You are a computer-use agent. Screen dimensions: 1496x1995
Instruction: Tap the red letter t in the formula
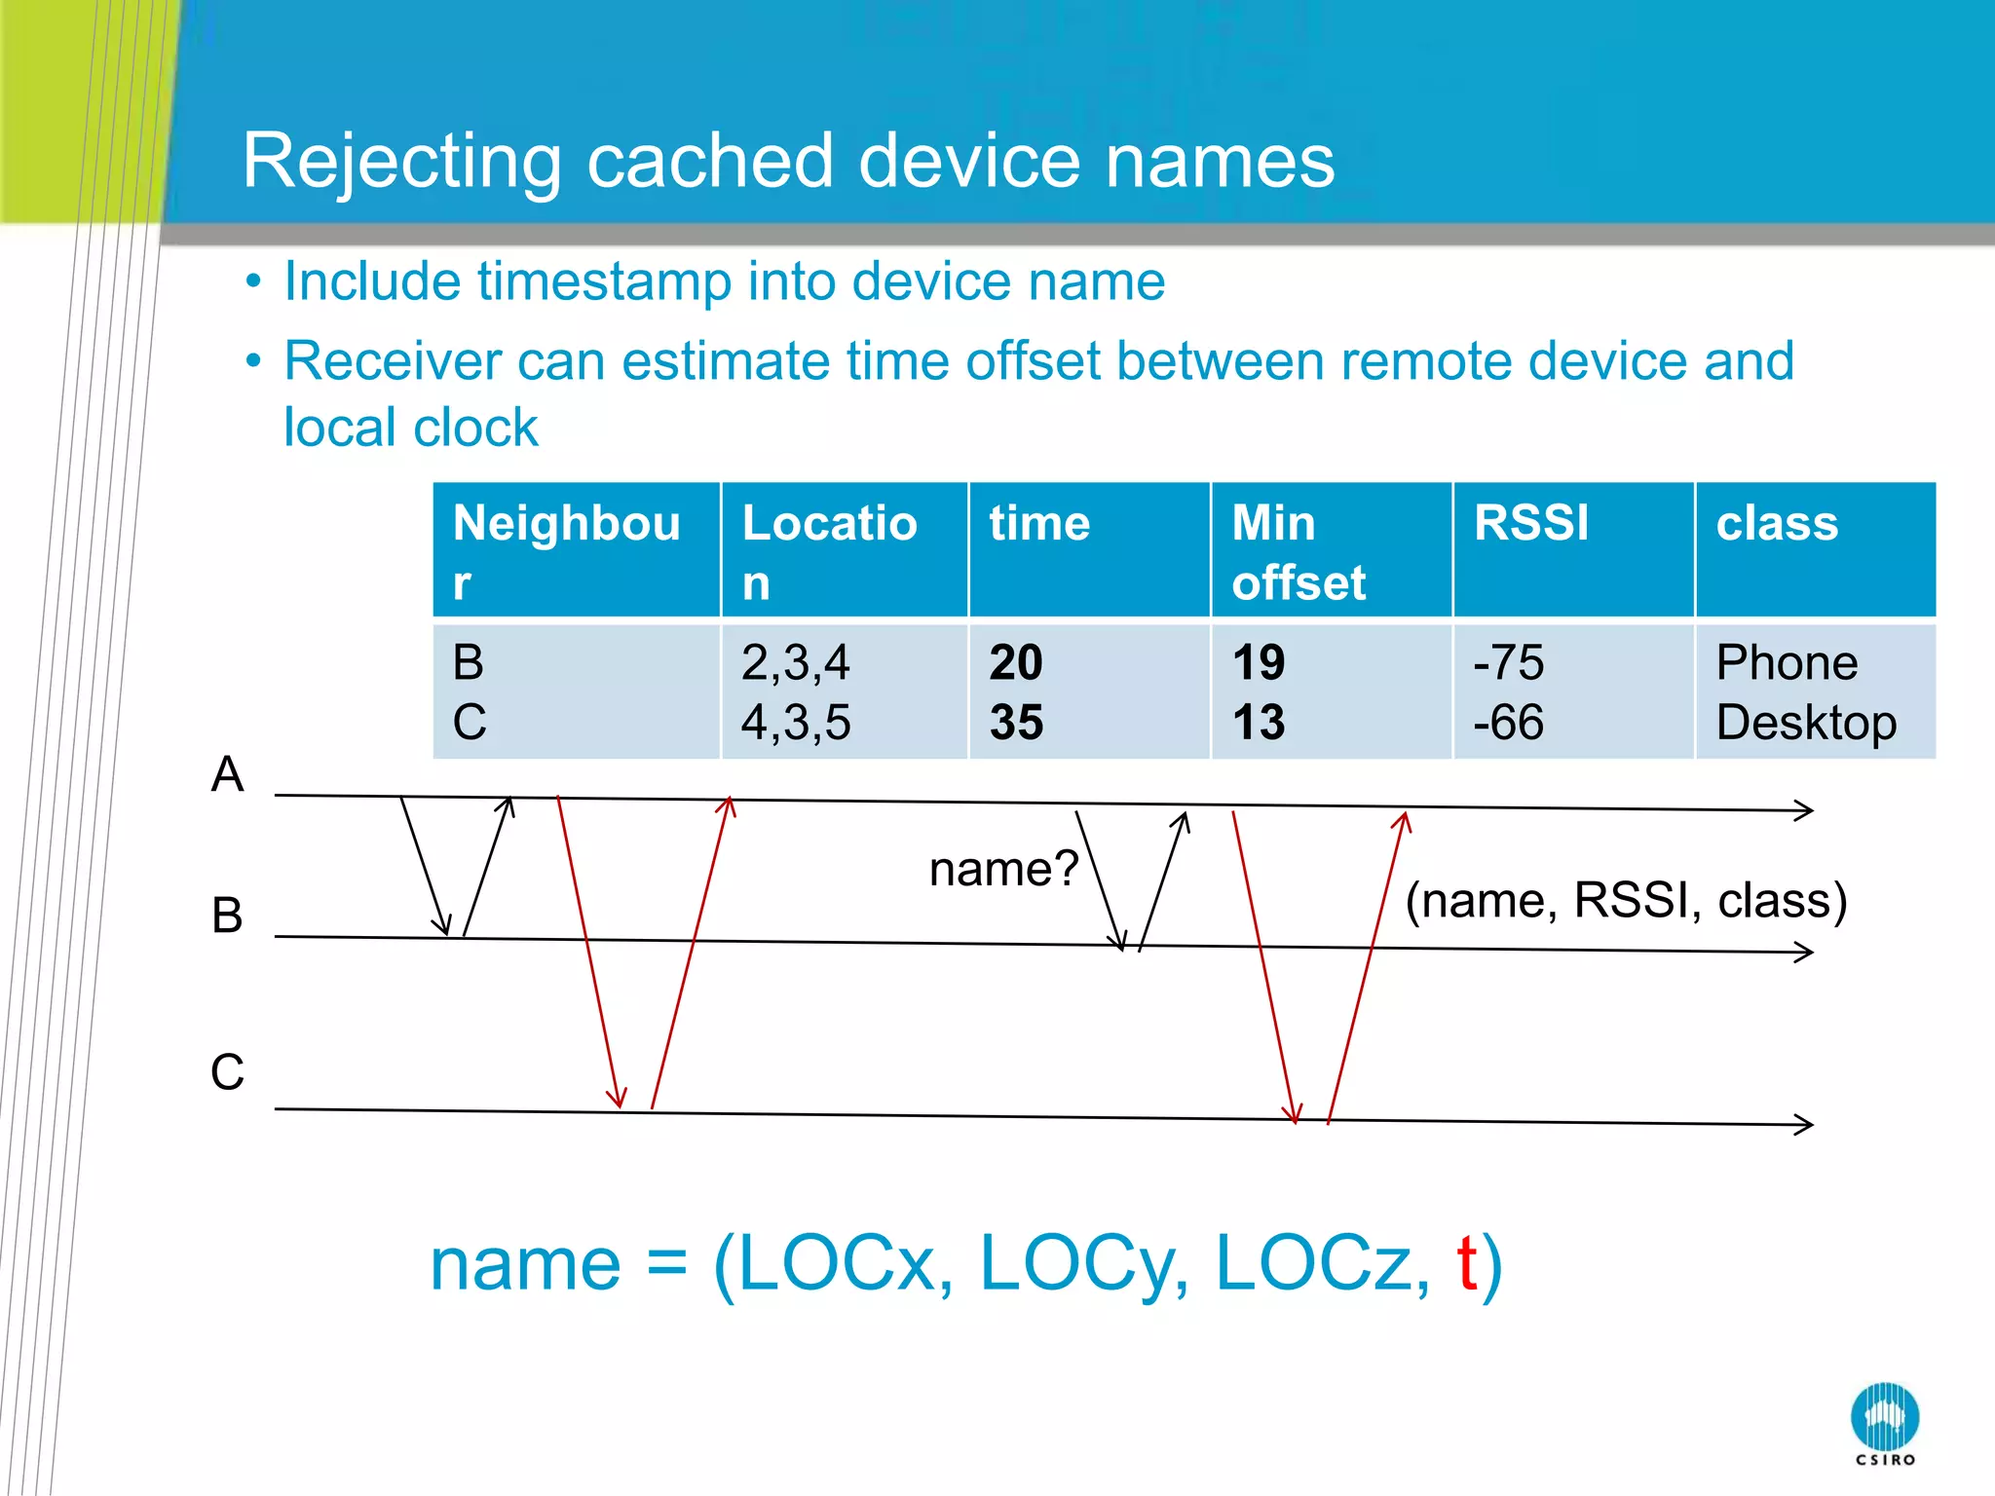point(1467,1263)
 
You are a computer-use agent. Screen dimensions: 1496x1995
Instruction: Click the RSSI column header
point(1530,523)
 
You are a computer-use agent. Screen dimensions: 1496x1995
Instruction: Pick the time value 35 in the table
point(1016,723)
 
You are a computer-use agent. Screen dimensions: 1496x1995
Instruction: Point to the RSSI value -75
point(1508,663)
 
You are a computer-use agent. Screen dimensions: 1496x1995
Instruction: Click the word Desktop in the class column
point(1805,723)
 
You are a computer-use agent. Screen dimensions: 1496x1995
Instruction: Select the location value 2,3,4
point(795,663)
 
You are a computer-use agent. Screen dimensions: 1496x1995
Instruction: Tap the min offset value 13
point(1258,723)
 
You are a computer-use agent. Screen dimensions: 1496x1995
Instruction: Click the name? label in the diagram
point(1003,869)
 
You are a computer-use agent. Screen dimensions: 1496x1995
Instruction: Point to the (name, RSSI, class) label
point(1625,900)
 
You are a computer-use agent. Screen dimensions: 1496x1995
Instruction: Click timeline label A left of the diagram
point(227,775)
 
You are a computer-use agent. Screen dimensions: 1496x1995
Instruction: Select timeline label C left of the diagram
point(227,1072)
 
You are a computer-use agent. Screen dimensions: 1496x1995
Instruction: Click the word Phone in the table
point(1786,663)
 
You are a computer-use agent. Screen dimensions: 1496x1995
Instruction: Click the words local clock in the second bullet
point(410,428)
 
